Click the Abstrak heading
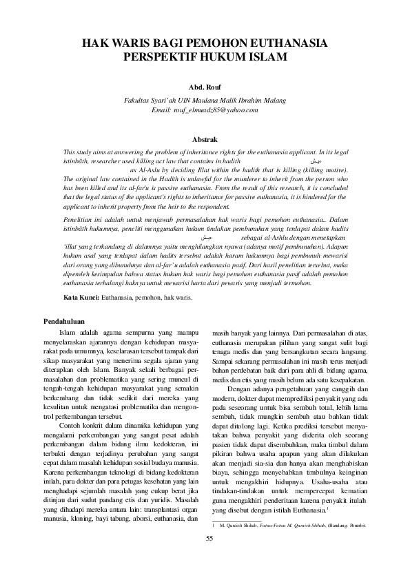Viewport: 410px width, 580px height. click(205, 139)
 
